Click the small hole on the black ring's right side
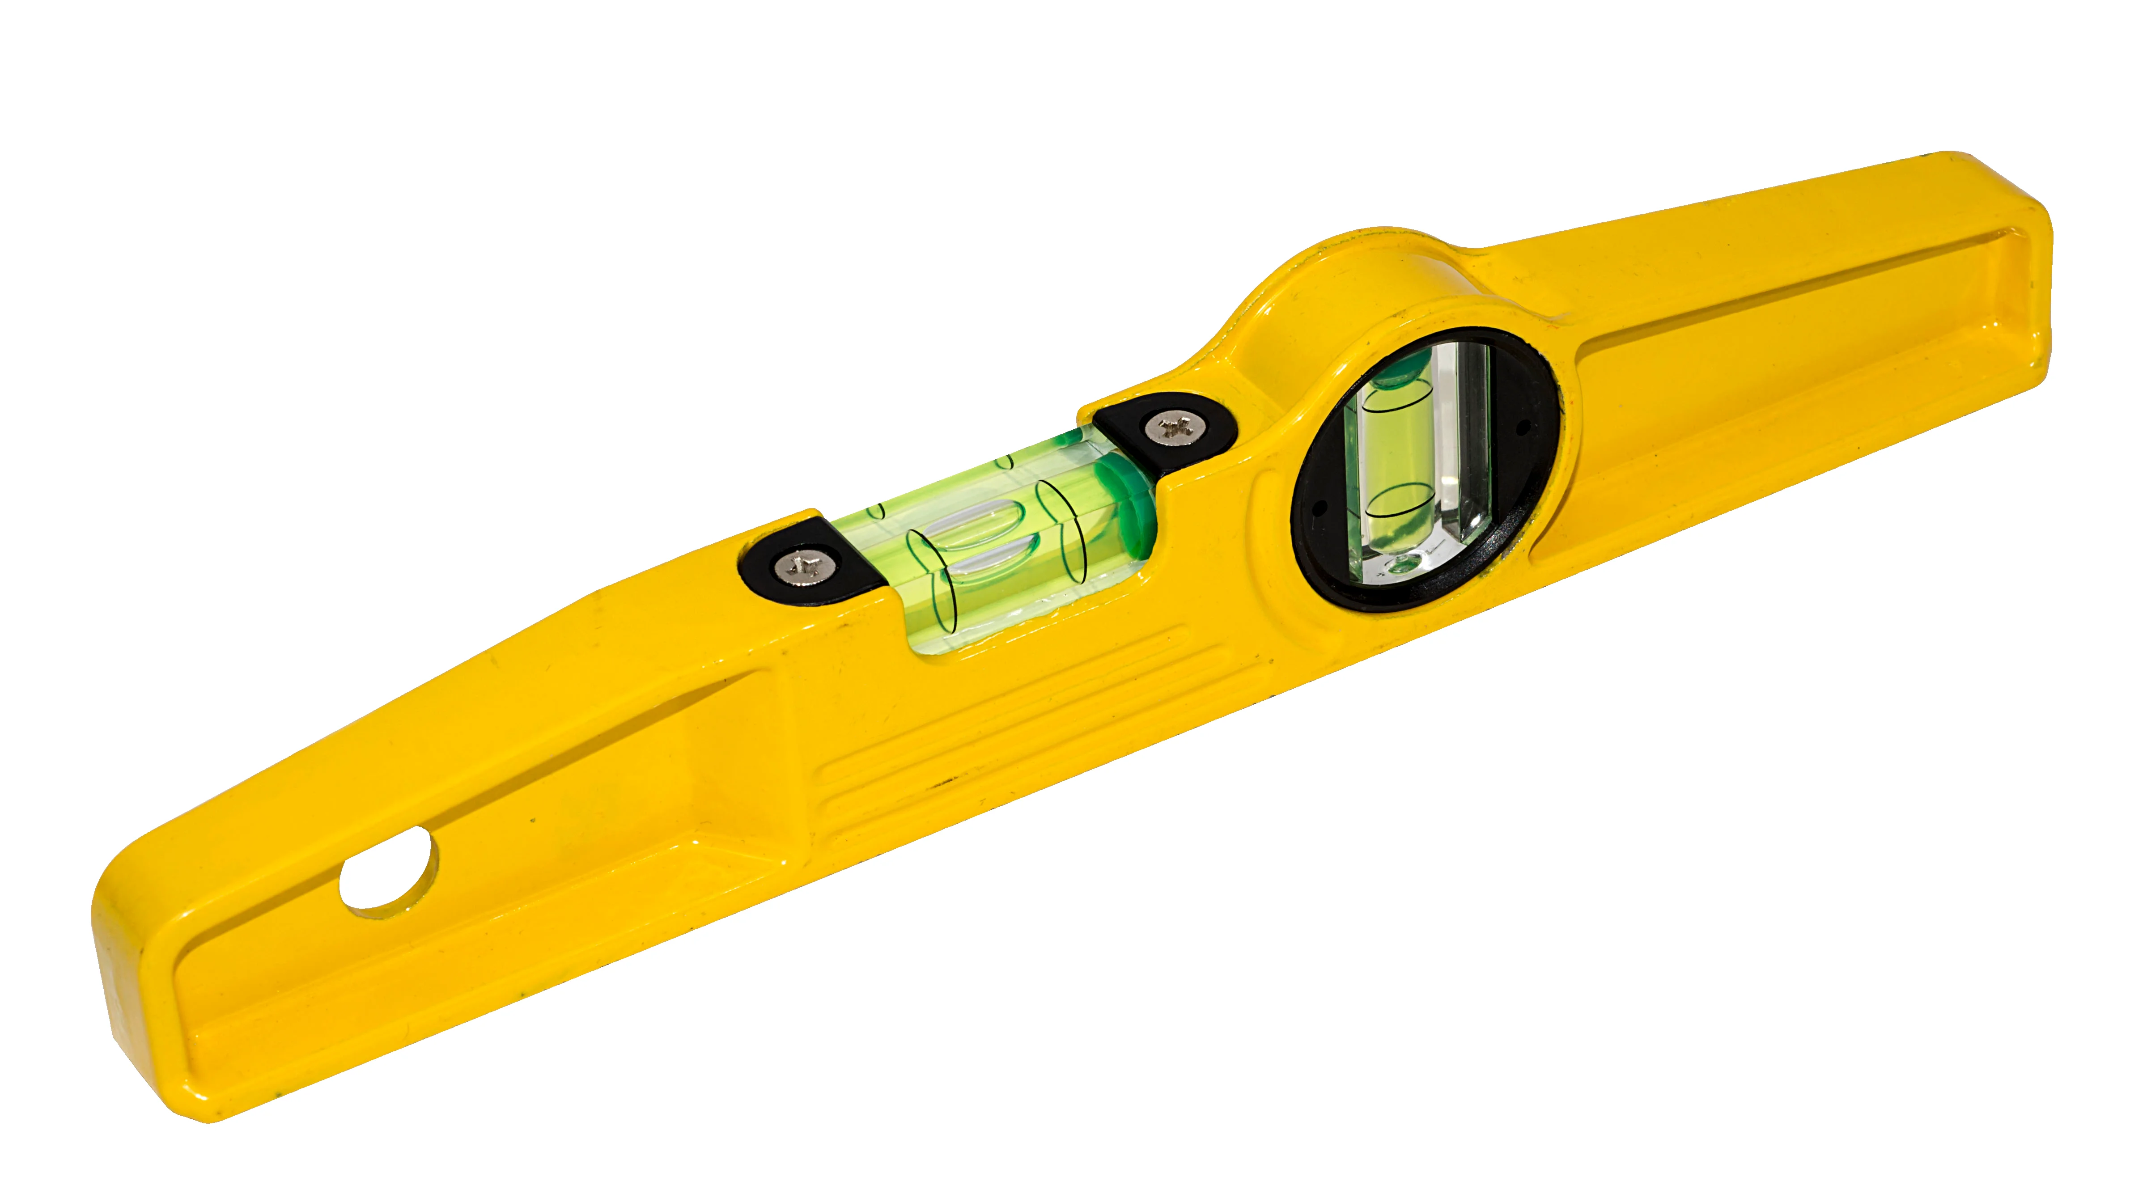[1521, 428]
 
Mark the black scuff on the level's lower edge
[942, 781]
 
